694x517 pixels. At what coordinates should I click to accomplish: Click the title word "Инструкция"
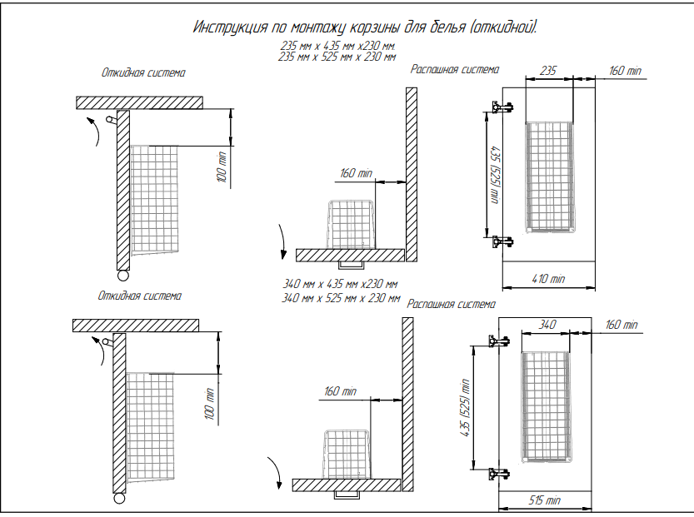click(230, 27)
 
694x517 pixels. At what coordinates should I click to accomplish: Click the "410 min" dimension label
click(548, 279)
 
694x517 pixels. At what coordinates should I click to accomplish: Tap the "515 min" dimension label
click(544, 500)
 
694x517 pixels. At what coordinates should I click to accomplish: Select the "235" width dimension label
click(548, 71)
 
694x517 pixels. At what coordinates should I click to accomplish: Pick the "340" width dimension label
click(547, 325)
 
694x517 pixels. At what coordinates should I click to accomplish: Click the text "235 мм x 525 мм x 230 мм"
click(337, 57)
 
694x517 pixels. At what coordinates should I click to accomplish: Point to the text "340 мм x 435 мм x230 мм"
click(340, 284)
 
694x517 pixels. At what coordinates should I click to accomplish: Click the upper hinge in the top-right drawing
click(502, 107)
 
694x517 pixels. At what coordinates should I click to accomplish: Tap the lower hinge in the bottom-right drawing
click(499, 474)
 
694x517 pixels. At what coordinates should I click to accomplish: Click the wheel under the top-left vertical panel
click(123, 276)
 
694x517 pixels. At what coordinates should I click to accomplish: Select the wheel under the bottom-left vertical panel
click(119, 499)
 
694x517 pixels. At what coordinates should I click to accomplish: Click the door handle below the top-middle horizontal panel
click(351, 265)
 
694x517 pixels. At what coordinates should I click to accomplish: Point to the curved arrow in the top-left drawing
click(95, 131)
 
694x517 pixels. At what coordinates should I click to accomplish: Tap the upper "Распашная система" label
click(455, 69)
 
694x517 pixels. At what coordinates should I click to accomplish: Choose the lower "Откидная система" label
click(139, 296)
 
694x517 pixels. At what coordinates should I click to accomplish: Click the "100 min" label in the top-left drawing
click(222, 167)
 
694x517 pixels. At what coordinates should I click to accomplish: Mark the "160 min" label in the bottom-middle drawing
click(340, 391)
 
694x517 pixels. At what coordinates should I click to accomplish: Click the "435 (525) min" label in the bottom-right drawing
click(465, 408)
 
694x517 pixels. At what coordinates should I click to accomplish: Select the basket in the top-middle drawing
click(351, 224)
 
